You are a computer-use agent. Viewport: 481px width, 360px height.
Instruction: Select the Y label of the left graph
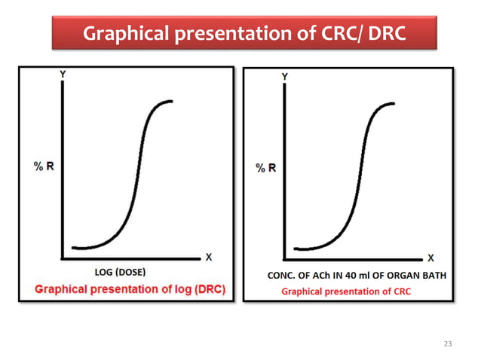point(60,75)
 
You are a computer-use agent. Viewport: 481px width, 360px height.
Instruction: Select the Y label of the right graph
point(284,77)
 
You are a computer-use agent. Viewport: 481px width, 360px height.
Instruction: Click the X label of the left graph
point(208,258)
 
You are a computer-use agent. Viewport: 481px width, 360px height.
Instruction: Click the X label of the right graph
point(430,258)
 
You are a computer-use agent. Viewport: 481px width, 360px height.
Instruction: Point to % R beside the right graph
point(266,167)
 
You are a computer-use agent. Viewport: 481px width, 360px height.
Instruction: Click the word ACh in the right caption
point(320,276)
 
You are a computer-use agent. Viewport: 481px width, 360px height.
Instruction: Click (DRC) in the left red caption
point(212,289)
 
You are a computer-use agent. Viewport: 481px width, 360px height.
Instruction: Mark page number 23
point(448,343)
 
